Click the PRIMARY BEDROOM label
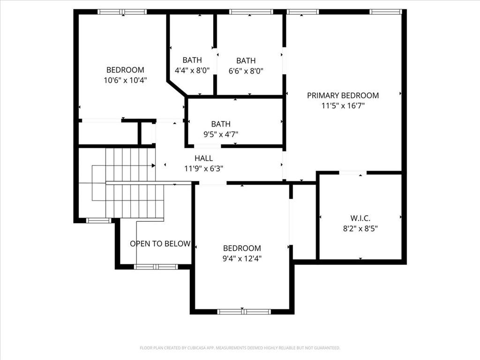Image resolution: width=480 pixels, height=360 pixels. click(343, 96)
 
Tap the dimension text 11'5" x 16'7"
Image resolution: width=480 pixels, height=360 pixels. click(343, 106)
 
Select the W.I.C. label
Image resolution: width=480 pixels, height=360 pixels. click(360, 218)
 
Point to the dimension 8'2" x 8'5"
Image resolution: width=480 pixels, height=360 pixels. click(360, 229)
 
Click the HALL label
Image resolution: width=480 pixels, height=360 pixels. click(203, 158)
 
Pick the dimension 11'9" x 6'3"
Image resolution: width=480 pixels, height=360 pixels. click(203, 169)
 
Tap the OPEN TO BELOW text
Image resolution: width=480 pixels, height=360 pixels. click(160, 244)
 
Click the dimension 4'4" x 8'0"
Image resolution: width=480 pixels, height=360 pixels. click(192, 71)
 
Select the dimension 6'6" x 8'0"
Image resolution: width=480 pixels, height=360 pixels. click(246, 71)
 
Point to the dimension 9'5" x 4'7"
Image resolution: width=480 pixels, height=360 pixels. click(221, 135)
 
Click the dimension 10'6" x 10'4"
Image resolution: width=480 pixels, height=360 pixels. click(125, 81)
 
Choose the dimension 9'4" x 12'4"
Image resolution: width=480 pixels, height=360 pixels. click(242, 259)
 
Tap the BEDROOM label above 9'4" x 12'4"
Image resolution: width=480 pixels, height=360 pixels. click(242, 248)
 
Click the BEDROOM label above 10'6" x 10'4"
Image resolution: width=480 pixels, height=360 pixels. click(125, 70)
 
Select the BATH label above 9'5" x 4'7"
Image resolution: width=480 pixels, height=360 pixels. click(221, 124)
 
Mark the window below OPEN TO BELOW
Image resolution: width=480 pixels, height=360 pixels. click(156, 267)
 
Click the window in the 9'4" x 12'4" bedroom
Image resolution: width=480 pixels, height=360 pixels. click(244, 312)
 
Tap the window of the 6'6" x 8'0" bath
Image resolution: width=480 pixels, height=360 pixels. click(251, 12)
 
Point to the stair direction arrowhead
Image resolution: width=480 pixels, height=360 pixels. click(153, 165)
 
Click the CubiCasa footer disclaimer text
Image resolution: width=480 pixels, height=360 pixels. click(240, 348)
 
